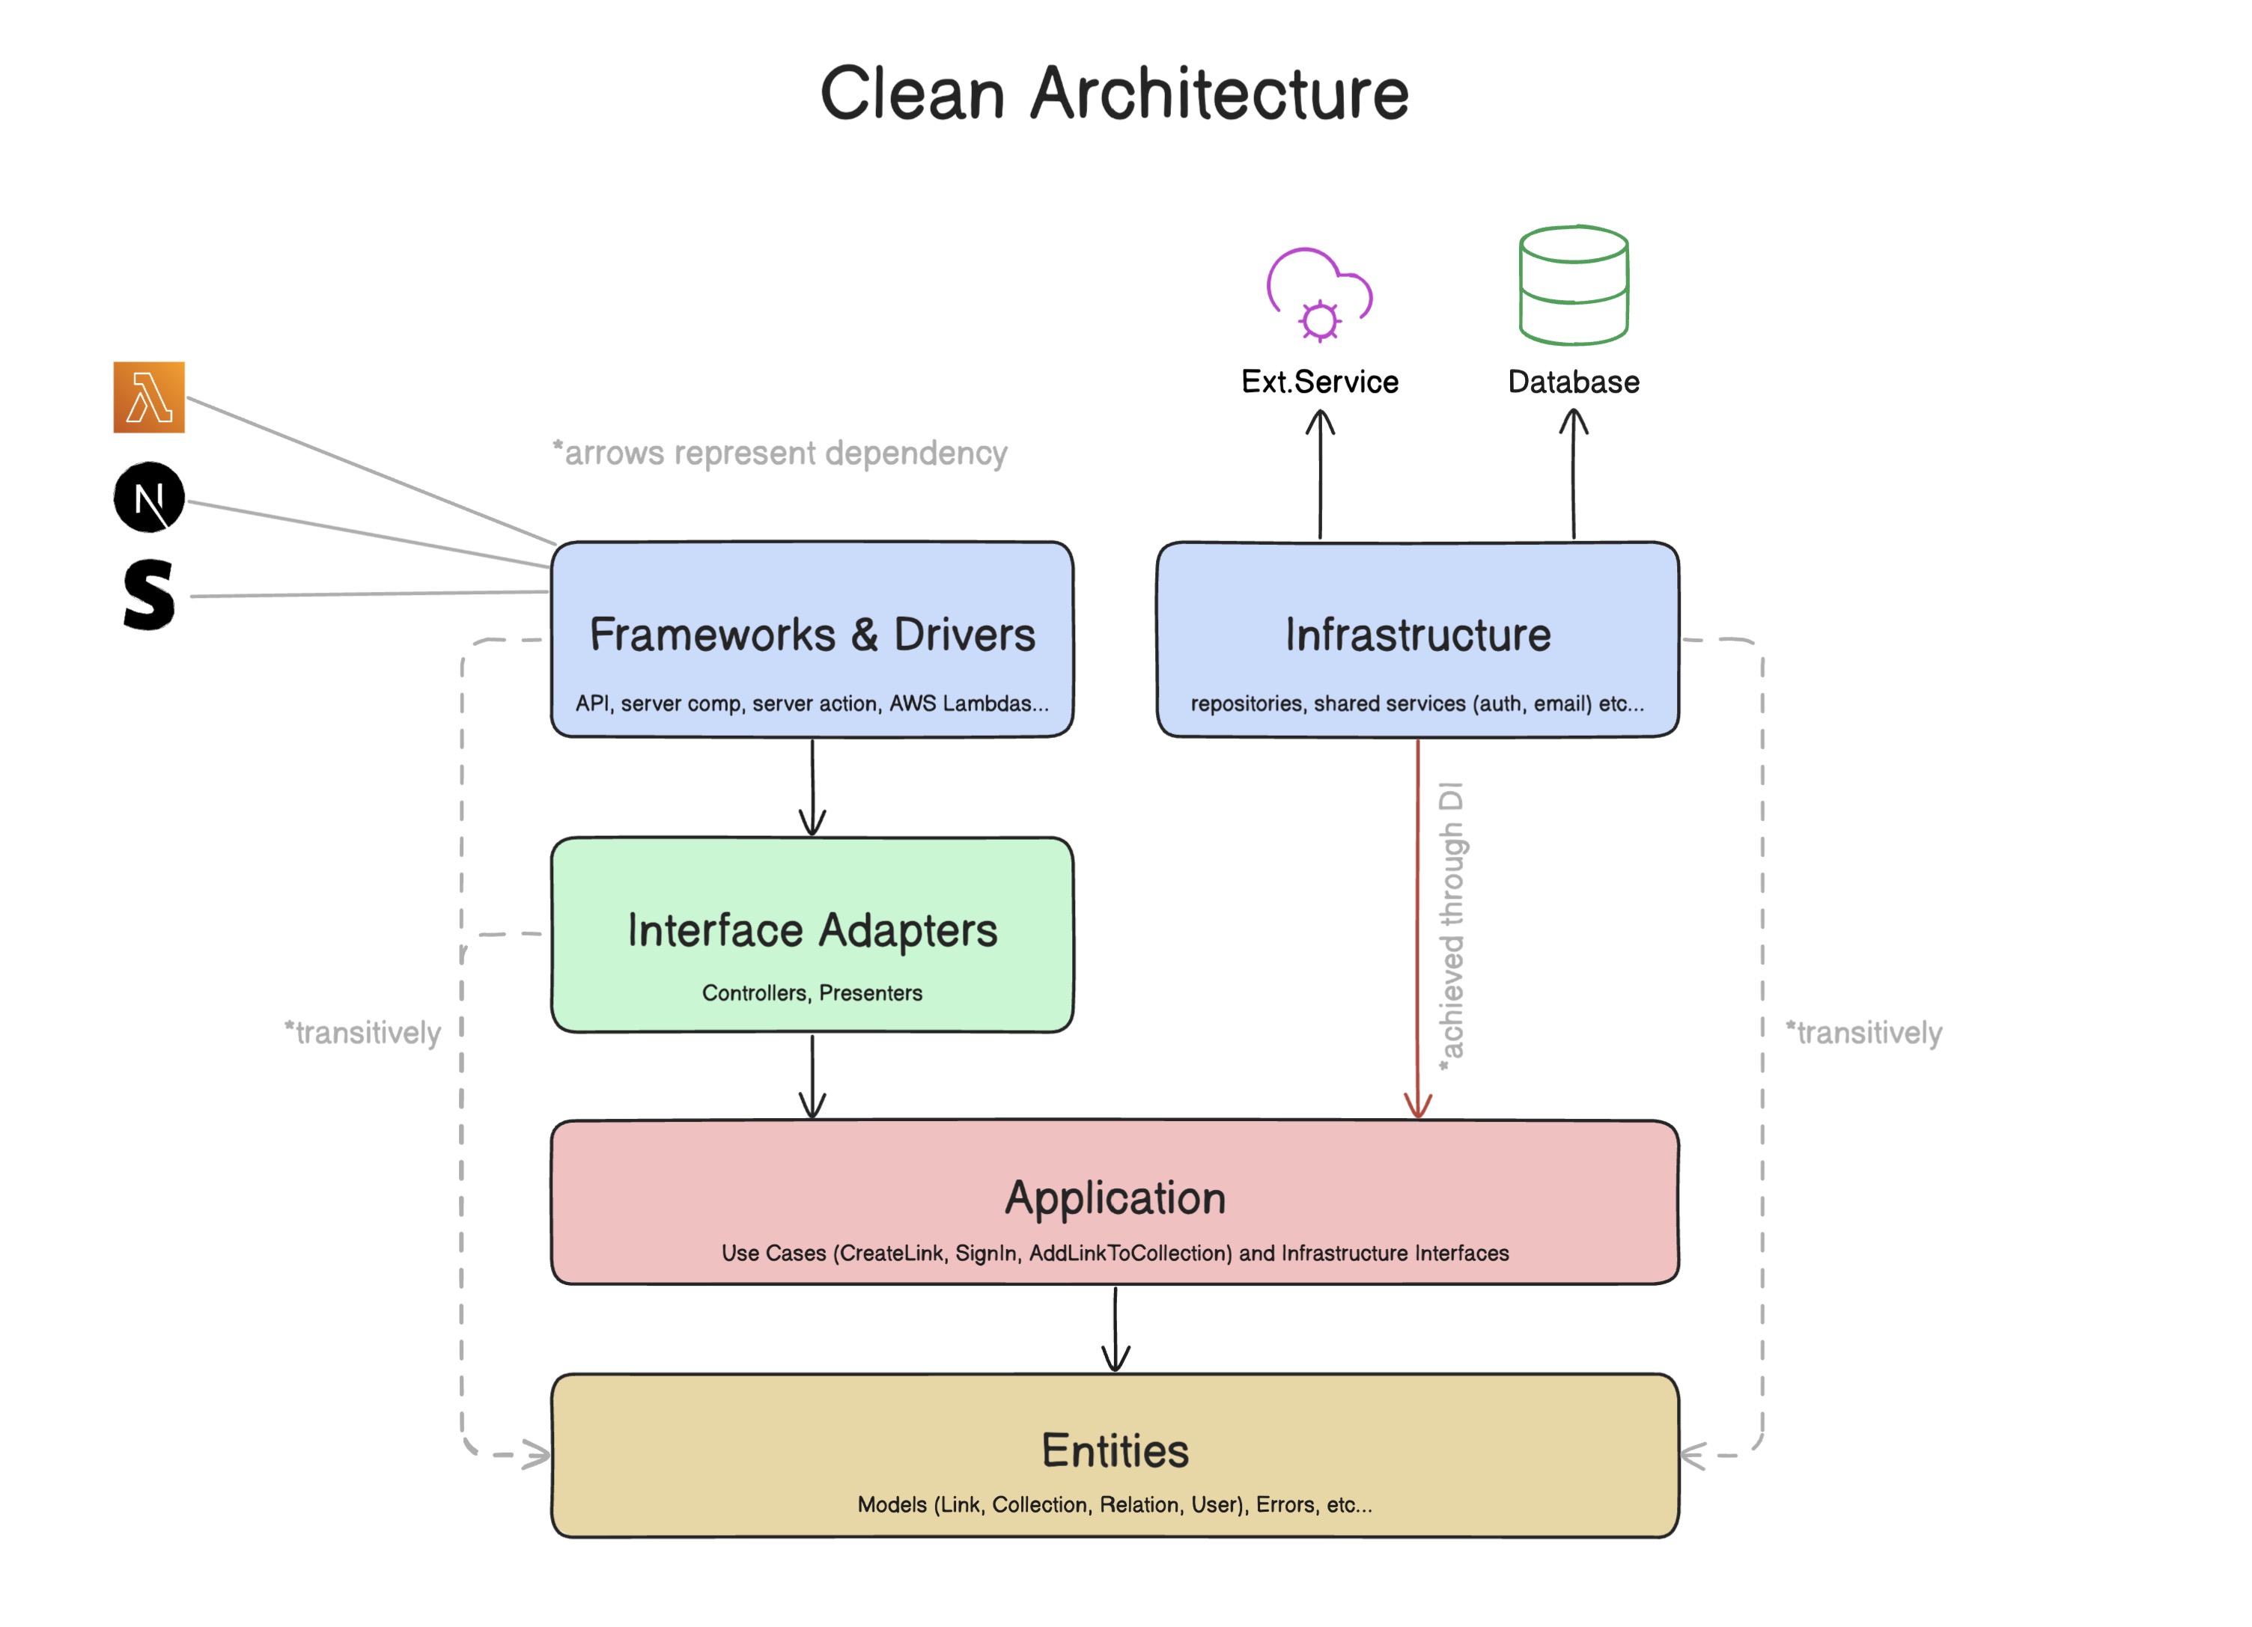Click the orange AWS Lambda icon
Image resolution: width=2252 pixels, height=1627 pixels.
(x=149, y=397)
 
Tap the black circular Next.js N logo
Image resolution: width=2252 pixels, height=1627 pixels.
(x=149, y=498)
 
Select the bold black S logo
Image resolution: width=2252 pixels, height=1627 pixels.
(x=149, y=595)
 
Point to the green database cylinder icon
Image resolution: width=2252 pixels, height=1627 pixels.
(x=1573, y=285)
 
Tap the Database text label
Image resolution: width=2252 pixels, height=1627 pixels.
(x=1573, y=382)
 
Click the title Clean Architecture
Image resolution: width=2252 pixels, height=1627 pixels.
(x=1114, y=94)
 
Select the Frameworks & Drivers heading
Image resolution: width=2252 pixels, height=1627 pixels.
(x=812, y=635)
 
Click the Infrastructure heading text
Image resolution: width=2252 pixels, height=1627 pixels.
(x=1417, y=635)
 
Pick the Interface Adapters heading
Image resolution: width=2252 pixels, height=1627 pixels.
(x=812, y=931)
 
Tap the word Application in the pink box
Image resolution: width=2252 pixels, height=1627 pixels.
(x=1114, y=1198)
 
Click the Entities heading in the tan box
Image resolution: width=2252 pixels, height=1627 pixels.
(x=1114, y=1451)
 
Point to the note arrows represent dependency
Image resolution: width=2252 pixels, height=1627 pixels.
(x=780, y=454)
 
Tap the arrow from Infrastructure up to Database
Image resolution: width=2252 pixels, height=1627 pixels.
(x=1573, y=477)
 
